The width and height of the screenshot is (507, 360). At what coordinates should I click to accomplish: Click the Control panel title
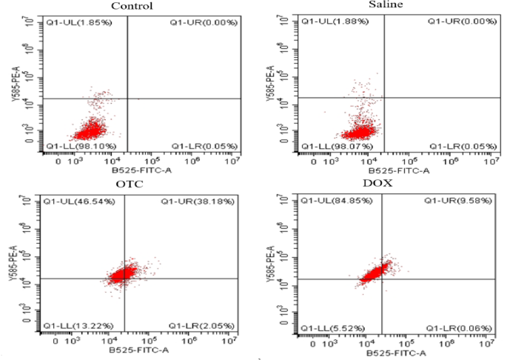[132, 7]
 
